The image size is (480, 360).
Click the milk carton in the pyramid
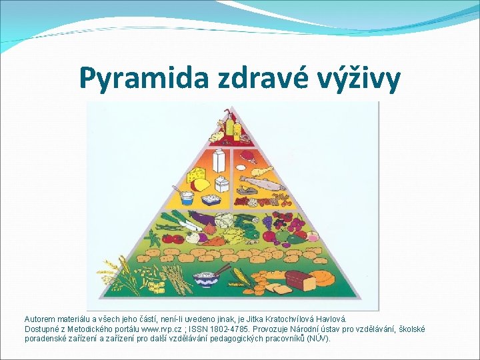coord(218,161)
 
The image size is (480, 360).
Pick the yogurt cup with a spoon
coord(187,197)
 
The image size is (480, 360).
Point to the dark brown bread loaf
coord(301,281)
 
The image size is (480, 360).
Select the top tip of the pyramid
coord(230,106)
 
